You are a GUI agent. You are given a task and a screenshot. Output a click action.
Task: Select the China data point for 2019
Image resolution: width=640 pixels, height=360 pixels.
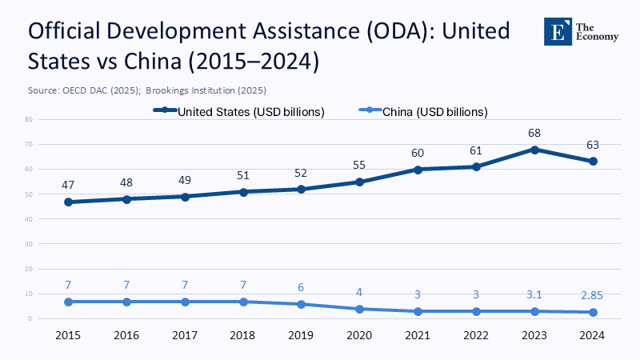point(301,304)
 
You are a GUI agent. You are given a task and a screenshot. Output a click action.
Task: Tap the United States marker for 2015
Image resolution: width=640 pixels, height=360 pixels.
point(68,202)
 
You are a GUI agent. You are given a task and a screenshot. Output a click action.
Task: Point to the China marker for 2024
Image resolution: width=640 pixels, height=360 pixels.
point(593,312)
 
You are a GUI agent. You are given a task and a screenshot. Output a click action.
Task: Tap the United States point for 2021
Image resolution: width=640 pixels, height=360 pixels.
point(417,170)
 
